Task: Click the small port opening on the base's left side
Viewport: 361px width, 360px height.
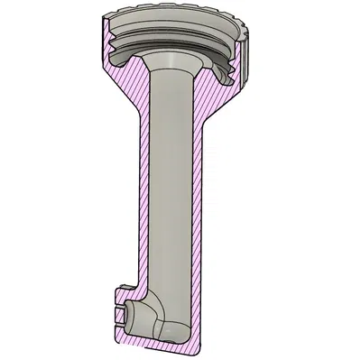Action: point(121,315)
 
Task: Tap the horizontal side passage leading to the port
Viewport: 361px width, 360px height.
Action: point(135,315)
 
